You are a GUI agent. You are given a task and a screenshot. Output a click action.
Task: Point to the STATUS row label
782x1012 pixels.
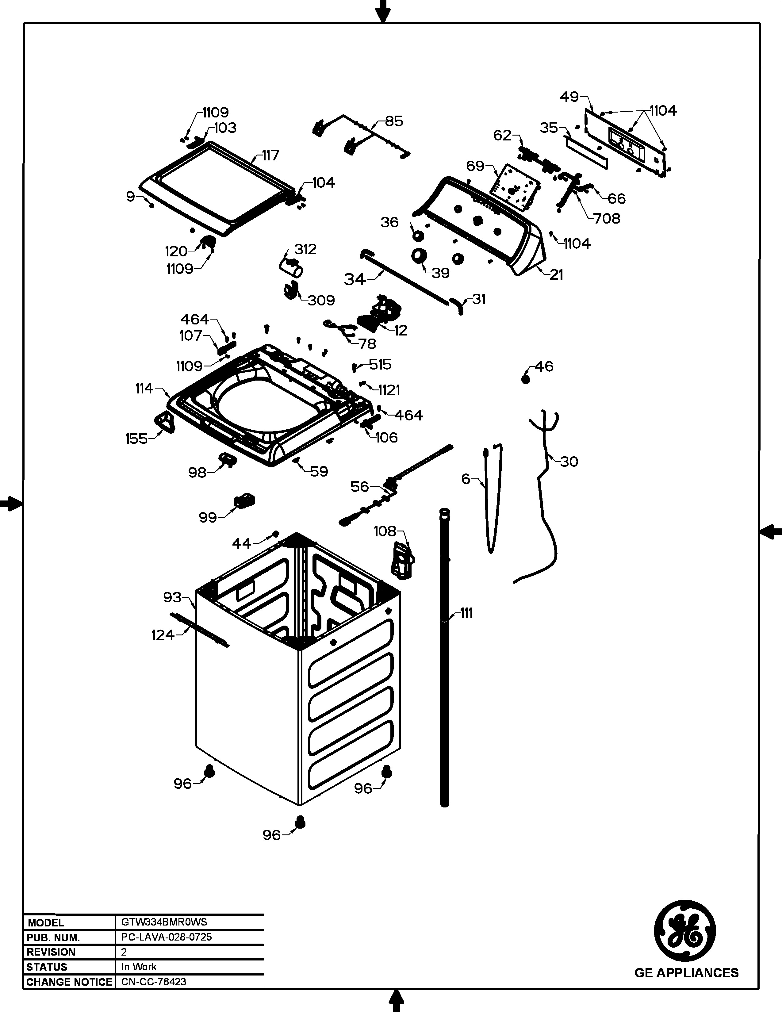[x=47, y=967]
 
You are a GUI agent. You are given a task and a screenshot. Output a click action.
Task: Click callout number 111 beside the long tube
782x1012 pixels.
[x=466, y=613]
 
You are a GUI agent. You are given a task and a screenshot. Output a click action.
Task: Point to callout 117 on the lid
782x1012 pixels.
[x=270, y=155]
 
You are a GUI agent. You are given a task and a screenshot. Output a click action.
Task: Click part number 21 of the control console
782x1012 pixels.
[x=556, y=275]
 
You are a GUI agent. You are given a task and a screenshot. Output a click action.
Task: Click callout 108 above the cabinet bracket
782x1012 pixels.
[x=385, y=531]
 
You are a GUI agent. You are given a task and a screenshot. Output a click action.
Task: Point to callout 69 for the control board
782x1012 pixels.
[x=475, y=166]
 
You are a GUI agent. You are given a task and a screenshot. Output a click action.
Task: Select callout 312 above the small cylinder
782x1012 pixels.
[x=305, y=249]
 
